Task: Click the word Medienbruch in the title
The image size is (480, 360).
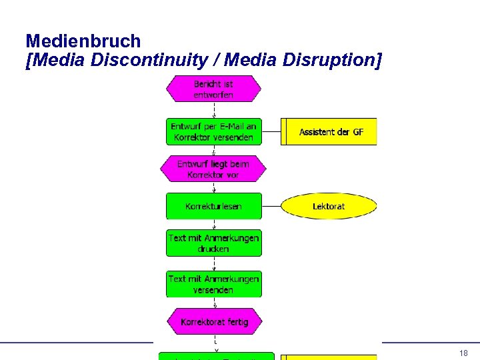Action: tap(83, 41)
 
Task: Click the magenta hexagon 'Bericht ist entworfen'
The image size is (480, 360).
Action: tap(213, 89)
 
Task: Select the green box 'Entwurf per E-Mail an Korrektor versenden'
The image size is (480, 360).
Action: tap(213, 131)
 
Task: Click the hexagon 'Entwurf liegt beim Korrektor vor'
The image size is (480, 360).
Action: tap(213, 169)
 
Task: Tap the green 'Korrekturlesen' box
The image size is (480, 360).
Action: tap(213, 207)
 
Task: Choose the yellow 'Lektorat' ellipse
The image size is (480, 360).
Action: tap(329, 207)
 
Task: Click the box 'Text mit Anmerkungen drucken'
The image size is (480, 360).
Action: tap(213, 243)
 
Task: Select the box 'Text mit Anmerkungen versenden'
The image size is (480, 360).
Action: tap(213, 285)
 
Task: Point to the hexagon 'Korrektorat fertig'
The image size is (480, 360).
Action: tap(213, 322)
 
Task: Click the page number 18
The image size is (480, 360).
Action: tap(463, 353)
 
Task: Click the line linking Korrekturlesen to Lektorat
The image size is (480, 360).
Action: tap(271, 207)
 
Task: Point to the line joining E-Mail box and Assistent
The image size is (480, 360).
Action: tap(271, 132)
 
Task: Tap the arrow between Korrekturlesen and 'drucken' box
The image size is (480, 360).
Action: tap(213, 225)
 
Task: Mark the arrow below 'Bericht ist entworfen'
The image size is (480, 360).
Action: tap(213, 110)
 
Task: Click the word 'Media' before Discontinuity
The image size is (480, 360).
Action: tap(53, 61)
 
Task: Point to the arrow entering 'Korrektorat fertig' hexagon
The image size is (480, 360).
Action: tap(213, 303)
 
